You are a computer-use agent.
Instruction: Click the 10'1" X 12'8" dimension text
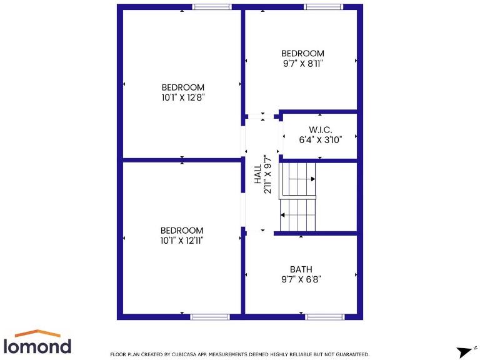pos(182,97)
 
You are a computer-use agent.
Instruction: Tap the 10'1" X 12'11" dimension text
pos(182,241)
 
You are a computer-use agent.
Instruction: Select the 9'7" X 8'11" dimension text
pos(302,64)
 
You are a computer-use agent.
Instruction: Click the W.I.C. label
pos(320,129)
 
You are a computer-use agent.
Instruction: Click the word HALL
pos(257,174)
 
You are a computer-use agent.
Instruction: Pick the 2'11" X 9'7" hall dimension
pos(267,174)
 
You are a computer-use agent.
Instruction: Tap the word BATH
pos(301,269)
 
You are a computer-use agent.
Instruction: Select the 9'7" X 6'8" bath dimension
pos(301,279)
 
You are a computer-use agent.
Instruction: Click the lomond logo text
pos(37,346)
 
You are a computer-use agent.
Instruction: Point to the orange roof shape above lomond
pos(37,333)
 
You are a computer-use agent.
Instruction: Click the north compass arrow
pos(465,352)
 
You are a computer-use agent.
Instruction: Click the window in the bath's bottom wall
pos(325,317)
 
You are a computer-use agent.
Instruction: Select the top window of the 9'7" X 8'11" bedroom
pos(323,7)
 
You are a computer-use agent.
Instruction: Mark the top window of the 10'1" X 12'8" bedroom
pos(211,7)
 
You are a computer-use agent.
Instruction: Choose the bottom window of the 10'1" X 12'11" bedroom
pos(210,317)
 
